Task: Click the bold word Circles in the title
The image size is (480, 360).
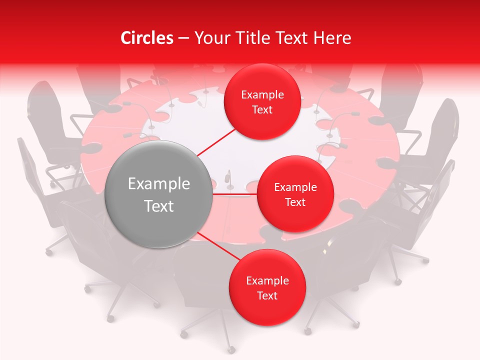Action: (x=146, y=38)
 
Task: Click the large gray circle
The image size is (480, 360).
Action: (x=159, y=194)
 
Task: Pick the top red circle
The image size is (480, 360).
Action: (x=262, y=101)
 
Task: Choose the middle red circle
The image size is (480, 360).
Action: (x=295, y=194)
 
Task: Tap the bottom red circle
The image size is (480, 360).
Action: (x=267, y=287)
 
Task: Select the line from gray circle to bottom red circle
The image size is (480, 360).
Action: (x=219, y=247)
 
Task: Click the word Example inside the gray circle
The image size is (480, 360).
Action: (x=159, y=184)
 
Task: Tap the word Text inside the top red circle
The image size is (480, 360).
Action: (x=262, y=109)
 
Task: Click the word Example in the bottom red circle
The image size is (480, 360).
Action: (x=267, y=280)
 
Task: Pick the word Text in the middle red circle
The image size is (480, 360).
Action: (x=295, y=202)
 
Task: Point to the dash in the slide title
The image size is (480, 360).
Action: (x=183, y=38)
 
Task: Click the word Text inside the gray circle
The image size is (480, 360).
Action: (x=159, y=206)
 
